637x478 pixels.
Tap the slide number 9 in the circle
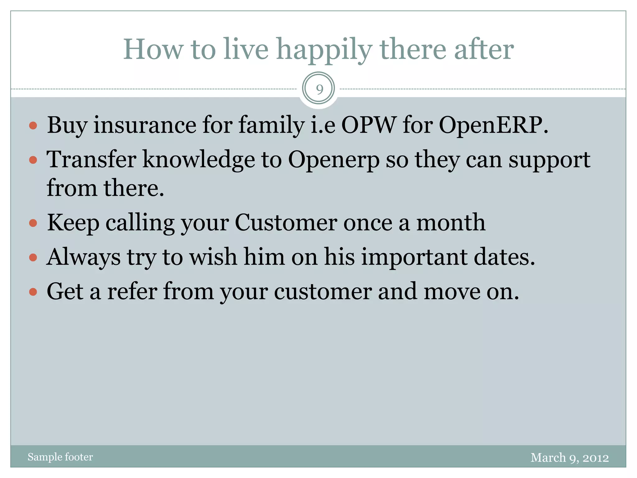(x=318, y=89)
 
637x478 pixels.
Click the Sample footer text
(x=60, y=457)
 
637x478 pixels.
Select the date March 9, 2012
(x=570, y=457)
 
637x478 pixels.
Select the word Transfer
(x=91, y=159)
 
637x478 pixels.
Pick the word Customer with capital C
(x=286, y=223)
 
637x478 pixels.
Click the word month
(x=451, y=223)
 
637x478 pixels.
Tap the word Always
(x=83, y=258)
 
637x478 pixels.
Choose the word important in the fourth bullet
(x=414, y=258)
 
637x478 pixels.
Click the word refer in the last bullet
(x=132, y=292)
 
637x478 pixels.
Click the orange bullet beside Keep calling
(x=33, y=223)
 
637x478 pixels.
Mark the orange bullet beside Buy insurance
(x=33, y=126)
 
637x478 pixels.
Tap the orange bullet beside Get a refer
(x=33, y=292)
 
